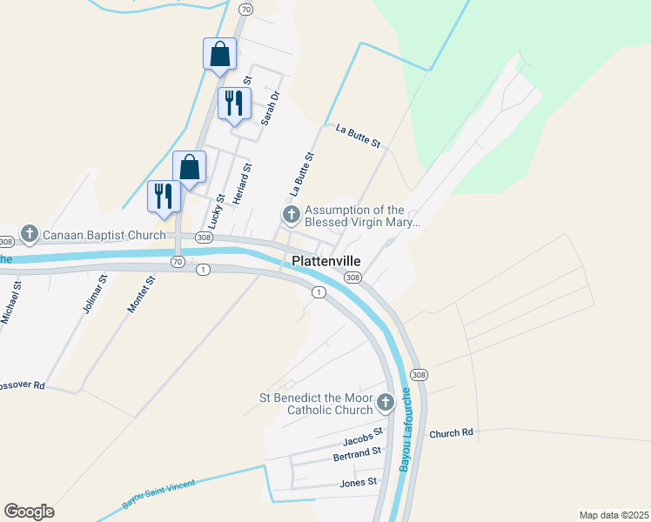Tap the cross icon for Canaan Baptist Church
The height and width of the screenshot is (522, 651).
coord(30,233)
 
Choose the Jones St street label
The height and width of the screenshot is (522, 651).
coord(359,481)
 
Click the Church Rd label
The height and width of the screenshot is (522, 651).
coord(450,432)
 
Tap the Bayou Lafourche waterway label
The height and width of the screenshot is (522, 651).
coord(405,430)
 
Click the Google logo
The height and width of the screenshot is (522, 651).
coord(29,512)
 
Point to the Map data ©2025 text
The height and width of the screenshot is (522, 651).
coord(614,515)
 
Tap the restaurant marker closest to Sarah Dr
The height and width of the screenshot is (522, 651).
coord(234,104)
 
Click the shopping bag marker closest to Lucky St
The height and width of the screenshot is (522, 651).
coord(189,167)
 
